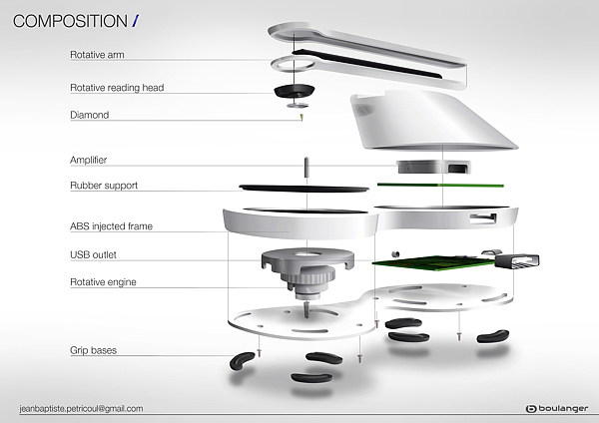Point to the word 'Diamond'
tap(89, 116)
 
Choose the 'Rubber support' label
tap(104, 186)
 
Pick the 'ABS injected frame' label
tap(111, 227)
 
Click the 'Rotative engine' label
tap(103, 282)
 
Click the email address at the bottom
tap(82, 408)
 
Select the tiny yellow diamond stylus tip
tap(300, 118)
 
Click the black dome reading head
tap(298, 89)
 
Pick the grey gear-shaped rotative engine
tap(307, 262)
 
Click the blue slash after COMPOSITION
tap(135, 21)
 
